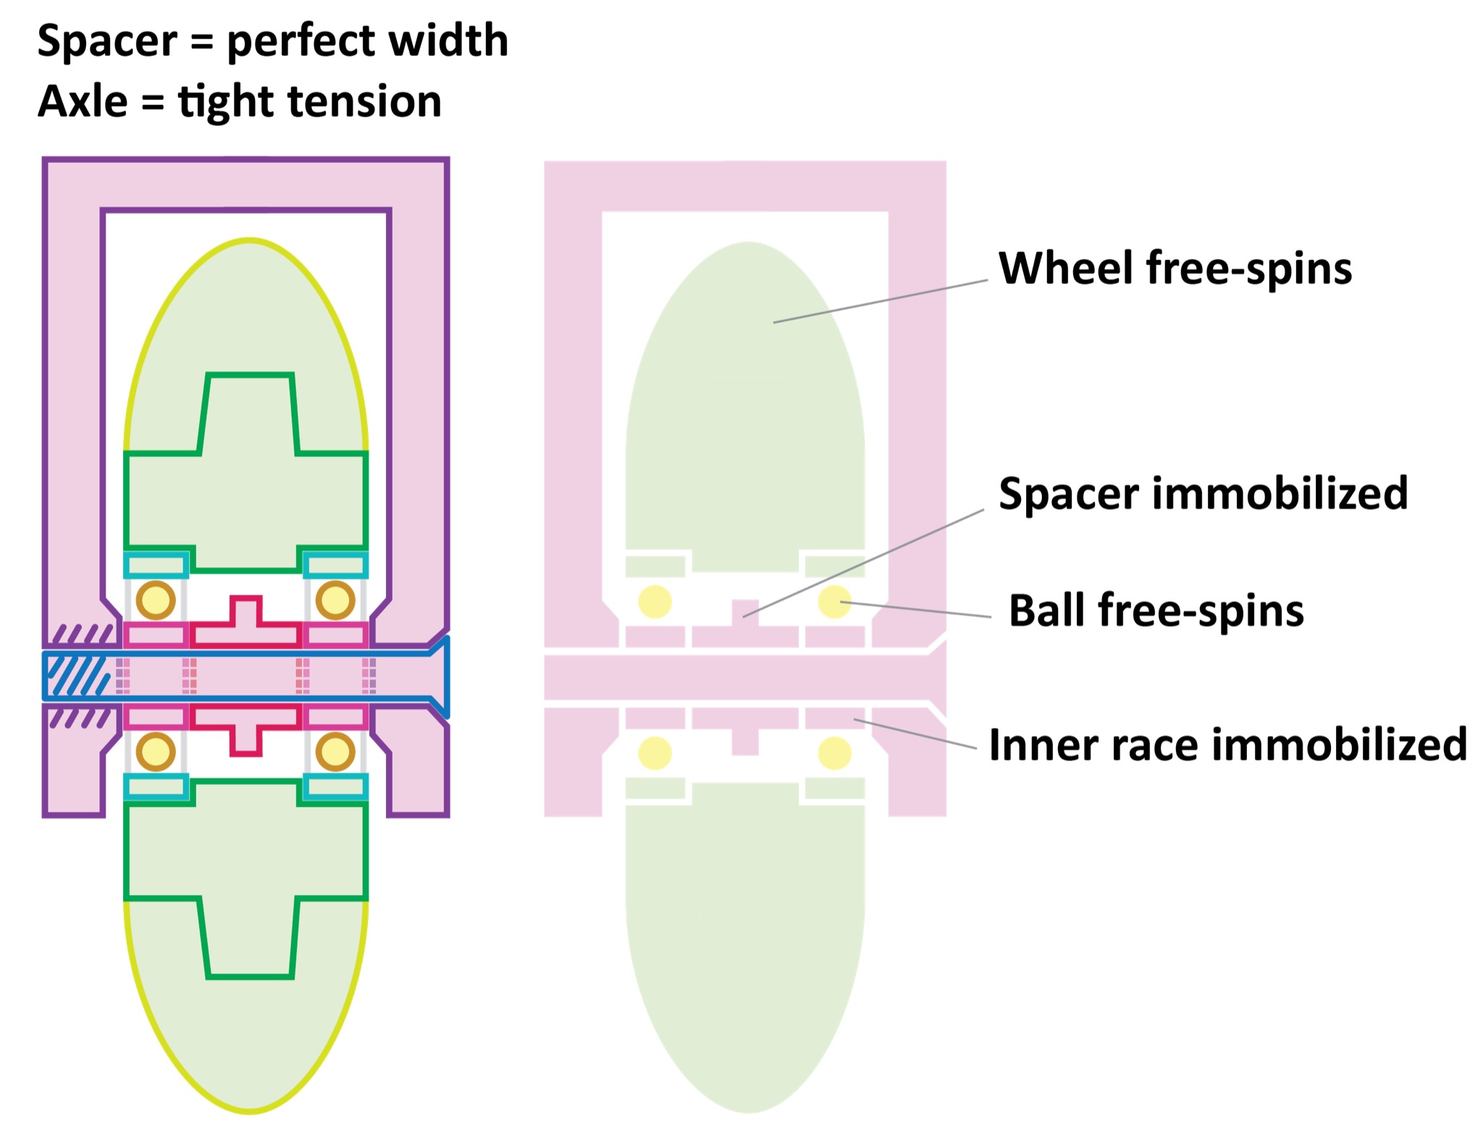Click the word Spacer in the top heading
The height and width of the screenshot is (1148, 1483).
(x=107, y=41)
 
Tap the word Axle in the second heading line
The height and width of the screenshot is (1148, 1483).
(x=83, y=101)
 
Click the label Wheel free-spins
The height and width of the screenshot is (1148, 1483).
(x=1175, y=269)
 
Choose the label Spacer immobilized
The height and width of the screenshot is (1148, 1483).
(x=1203, y=494)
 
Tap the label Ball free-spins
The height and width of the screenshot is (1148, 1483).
(x=1156, y=611)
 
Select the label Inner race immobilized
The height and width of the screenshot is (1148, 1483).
(x=1227, y=745)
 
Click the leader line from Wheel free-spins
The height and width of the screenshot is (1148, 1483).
(x=880, y=301)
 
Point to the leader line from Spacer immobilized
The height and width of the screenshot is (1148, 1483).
(x=862, y=563)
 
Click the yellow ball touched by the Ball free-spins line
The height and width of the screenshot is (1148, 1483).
(x=833, y=602)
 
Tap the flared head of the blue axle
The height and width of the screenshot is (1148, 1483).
(x=439, y=676)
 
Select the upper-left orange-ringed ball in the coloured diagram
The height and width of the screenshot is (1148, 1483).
(x=156, y=600)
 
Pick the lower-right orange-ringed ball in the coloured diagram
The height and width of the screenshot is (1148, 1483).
(x=335, y=752)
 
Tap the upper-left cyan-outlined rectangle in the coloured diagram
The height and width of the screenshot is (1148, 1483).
(x=156, y=565)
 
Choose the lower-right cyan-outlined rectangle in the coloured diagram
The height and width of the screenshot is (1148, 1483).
(x=335, y=787)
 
